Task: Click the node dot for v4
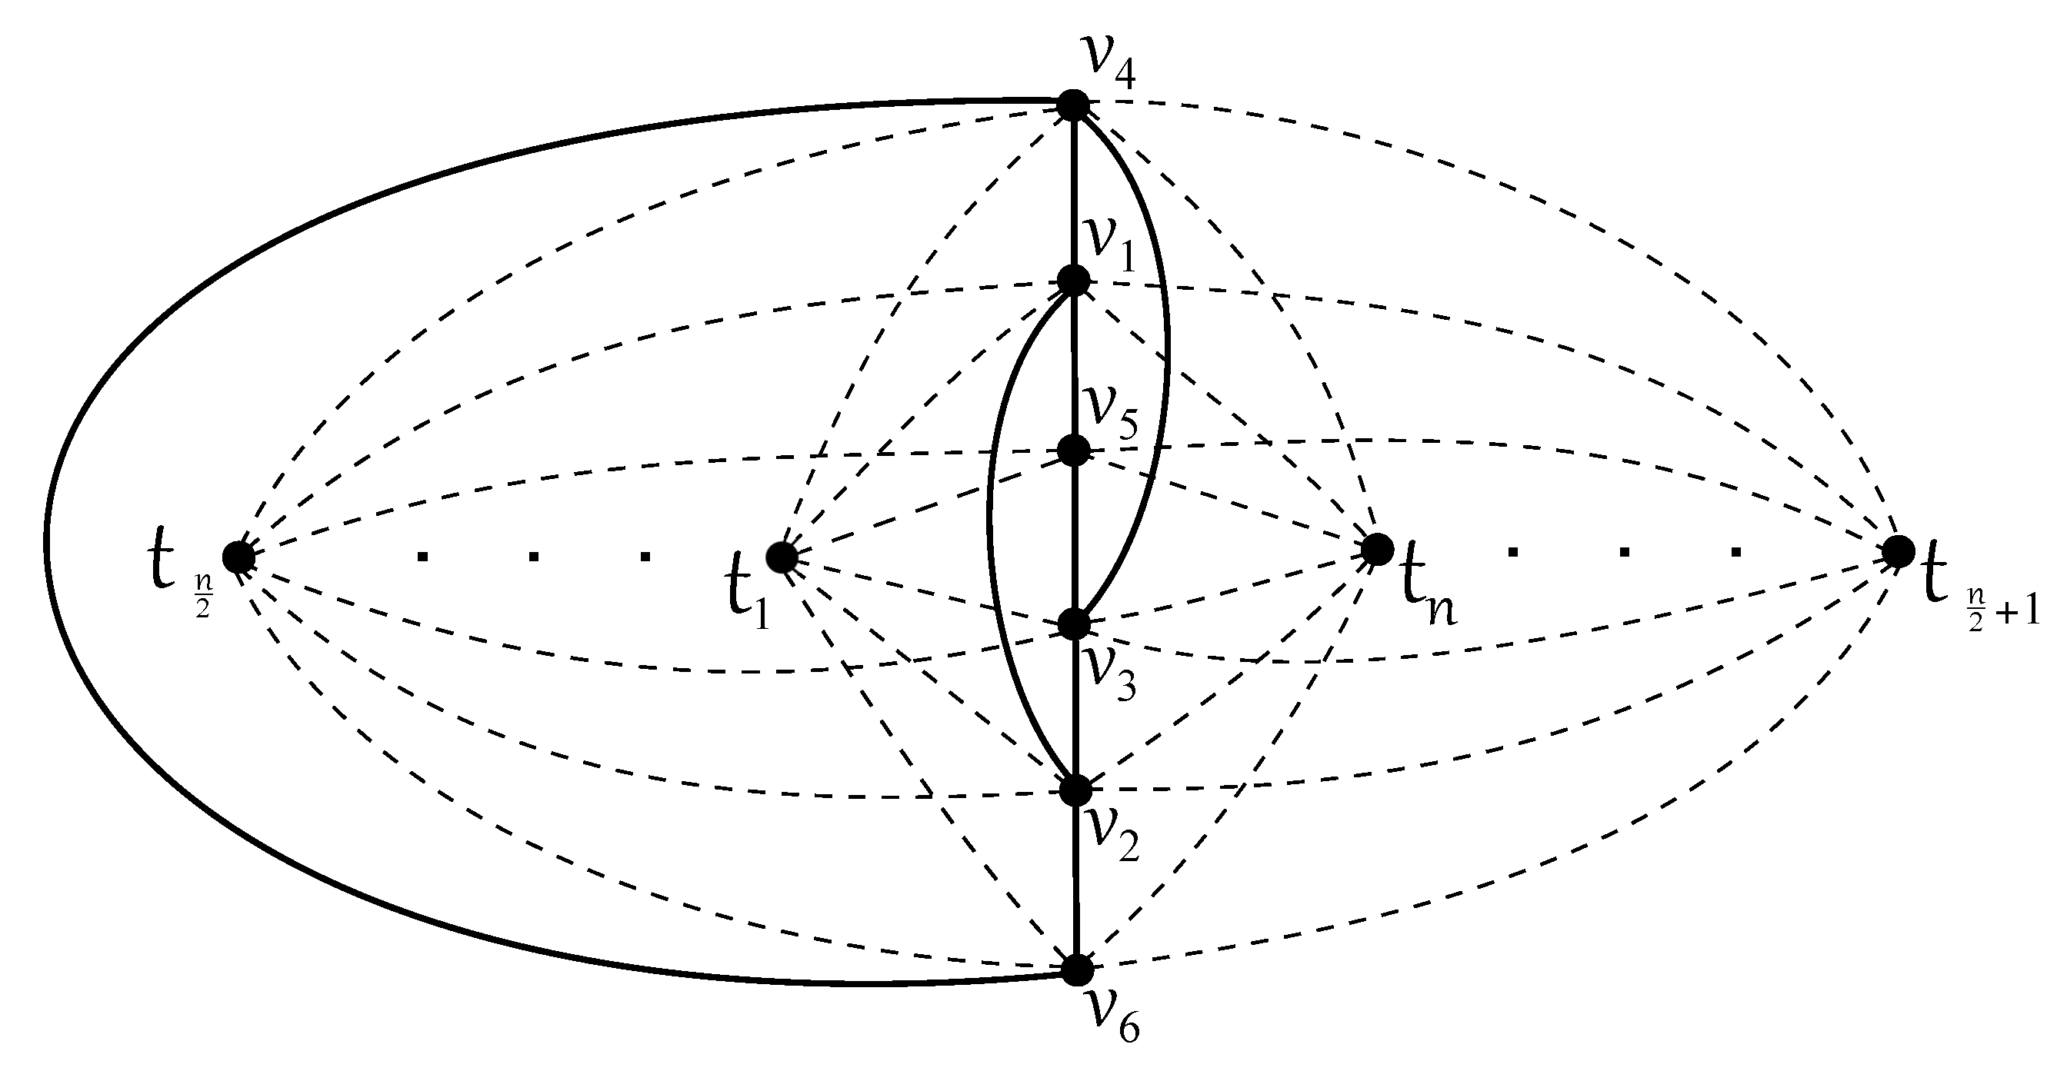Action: coord(1073,105)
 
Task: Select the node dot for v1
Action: coord(1074,281)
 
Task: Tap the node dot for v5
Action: coord(1074,450)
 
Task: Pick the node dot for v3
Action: coord(1075,624)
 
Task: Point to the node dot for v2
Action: coord(1075,790)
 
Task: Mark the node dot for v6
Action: coord(1077,969)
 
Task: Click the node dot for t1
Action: coord(782,557)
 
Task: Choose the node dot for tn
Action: coord(1378,549)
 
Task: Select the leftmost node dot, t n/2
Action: coord(238,557)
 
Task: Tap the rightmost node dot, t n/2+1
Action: coord(1899,551)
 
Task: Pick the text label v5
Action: coord(1111,414)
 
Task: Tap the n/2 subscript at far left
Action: coord(202,607)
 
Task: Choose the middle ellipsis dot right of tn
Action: coord(1625,551)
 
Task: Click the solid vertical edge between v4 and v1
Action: coord(1074,192)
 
